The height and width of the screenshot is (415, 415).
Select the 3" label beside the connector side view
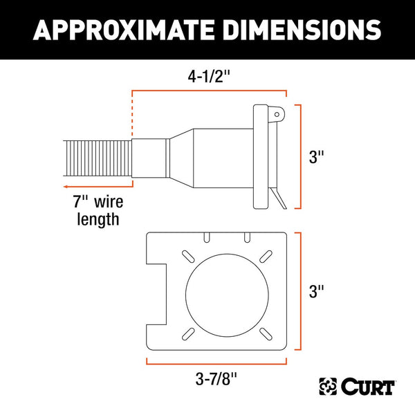tap(317, 157)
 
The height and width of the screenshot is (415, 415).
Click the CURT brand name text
tap(367, 385)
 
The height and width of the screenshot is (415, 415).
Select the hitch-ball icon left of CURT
tap(327, 385)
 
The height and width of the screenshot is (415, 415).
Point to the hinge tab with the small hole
tap(276, 113)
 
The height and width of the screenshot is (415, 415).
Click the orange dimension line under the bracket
tap(215, 362)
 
